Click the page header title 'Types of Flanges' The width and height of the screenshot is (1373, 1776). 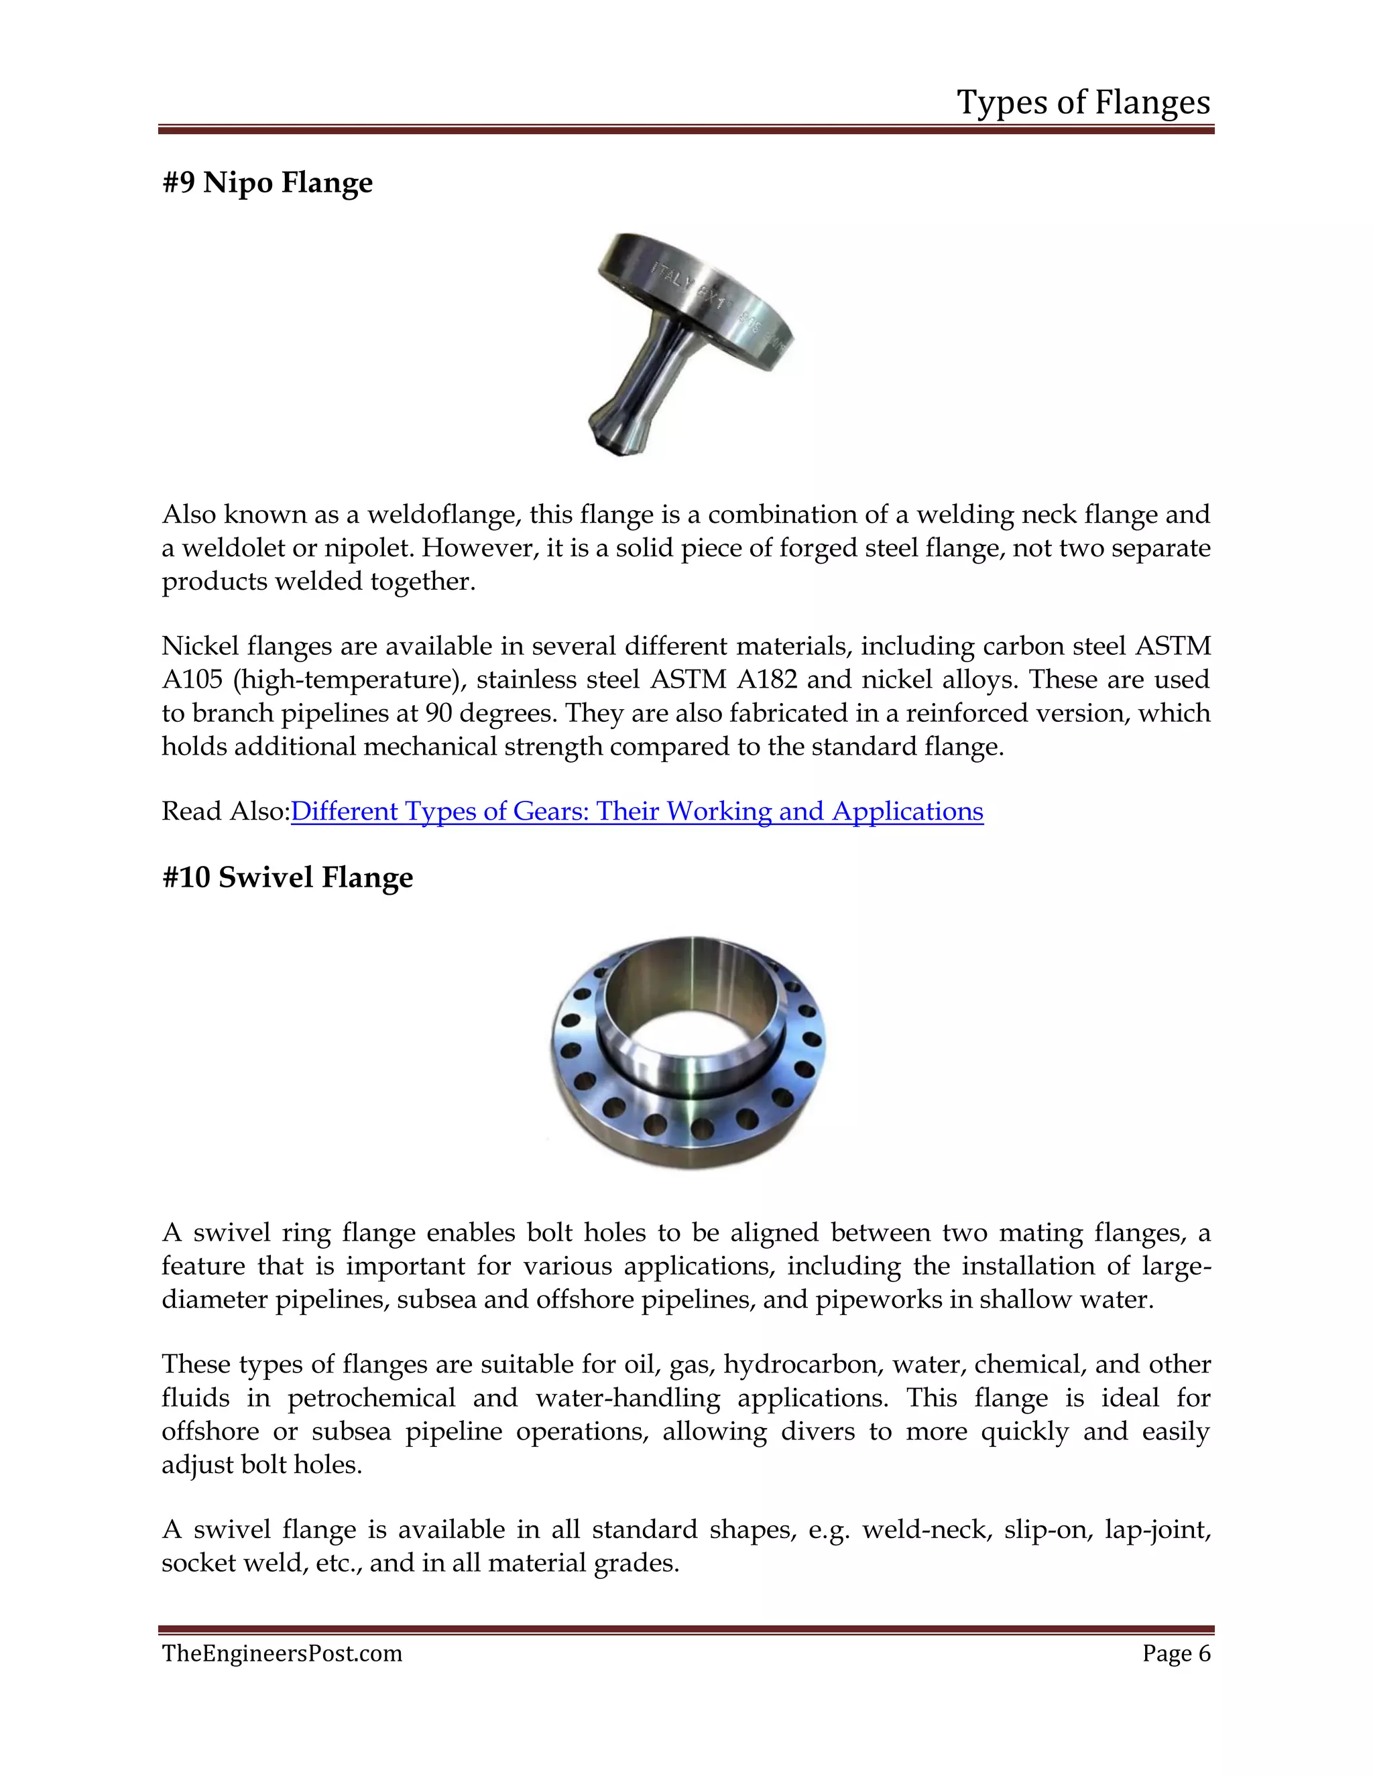(1083, 103)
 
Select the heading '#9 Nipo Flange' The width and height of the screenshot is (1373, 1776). (267, 182)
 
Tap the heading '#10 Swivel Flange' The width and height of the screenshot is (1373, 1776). (287, 877)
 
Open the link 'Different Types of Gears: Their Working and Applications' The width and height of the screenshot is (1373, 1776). (637, 811)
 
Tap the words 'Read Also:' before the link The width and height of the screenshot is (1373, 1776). (225, 811)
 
